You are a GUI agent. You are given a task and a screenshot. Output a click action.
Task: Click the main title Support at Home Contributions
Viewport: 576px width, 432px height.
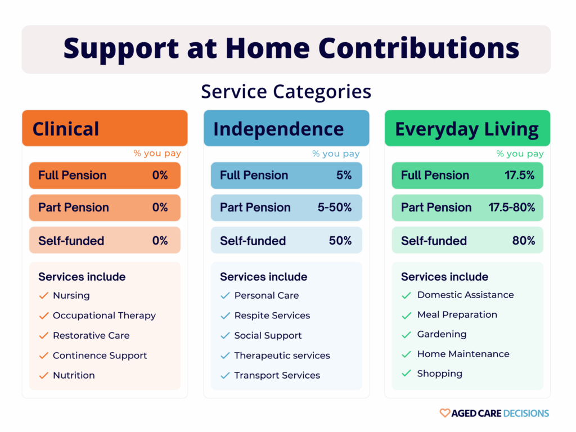[291, 49]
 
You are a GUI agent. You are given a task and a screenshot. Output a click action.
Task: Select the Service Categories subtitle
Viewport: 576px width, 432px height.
[286, 91]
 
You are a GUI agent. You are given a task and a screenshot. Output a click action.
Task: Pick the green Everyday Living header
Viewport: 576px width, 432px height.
[467, 129]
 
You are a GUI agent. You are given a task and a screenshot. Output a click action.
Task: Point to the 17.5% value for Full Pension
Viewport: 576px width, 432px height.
[519, 175]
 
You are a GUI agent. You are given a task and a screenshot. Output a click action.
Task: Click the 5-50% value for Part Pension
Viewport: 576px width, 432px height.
[335, 208]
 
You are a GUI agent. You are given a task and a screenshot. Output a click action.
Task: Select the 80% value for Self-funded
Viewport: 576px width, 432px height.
[524, 241]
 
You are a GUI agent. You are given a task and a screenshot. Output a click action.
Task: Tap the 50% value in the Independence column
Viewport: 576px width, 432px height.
[340, 241]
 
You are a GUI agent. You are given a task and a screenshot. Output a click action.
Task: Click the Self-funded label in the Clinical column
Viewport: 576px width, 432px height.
[71, 241]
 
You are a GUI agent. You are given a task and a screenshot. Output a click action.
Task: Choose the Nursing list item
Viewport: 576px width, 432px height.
[71, 295]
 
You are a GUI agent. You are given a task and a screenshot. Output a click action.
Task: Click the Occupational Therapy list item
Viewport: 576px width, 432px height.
[104, 316]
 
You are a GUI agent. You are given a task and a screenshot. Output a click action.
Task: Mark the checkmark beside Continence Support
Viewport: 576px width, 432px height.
[43, 355]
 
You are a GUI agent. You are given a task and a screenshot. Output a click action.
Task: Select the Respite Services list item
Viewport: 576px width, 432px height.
[272, 316]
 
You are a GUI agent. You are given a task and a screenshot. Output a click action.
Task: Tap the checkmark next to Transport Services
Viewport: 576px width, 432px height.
[225, 375]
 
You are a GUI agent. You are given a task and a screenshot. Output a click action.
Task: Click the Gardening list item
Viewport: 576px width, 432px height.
[442, 334]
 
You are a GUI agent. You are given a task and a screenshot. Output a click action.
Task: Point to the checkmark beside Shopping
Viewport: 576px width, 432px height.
[406, 373]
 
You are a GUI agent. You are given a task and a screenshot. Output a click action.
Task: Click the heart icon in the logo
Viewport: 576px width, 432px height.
[444, 413]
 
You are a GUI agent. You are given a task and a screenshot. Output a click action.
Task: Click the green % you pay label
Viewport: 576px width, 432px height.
[520, 154]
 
